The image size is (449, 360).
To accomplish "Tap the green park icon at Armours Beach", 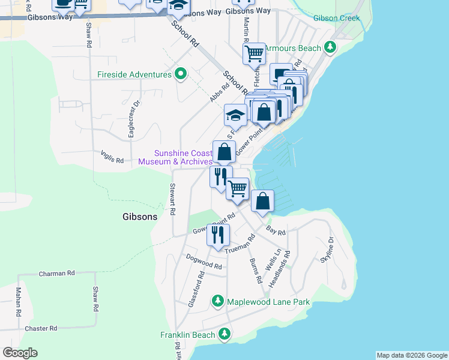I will [330, 47].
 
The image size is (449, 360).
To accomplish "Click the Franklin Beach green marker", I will [224, 334].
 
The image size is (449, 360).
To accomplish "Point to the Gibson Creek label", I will [336, 18].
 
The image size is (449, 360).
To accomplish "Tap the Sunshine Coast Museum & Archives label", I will [175, 157].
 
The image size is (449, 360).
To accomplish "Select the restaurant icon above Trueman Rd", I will [218, 235].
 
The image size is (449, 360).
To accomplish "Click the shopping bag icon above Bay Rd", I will [262, 201].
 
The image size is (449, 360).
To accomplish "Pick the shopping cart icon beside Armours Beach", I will [254, 54].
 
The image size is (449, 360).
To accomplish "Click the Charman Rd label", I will [56, 273].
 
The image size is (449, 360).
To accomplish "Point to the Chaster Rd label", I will [41, 328].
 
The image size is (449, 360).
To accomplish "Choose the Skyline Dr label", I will [327, 249].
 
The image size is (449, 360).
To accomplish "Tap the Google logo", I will [20, 353].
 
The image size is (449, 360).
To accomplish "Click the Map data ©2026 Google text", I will [411, 355].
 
